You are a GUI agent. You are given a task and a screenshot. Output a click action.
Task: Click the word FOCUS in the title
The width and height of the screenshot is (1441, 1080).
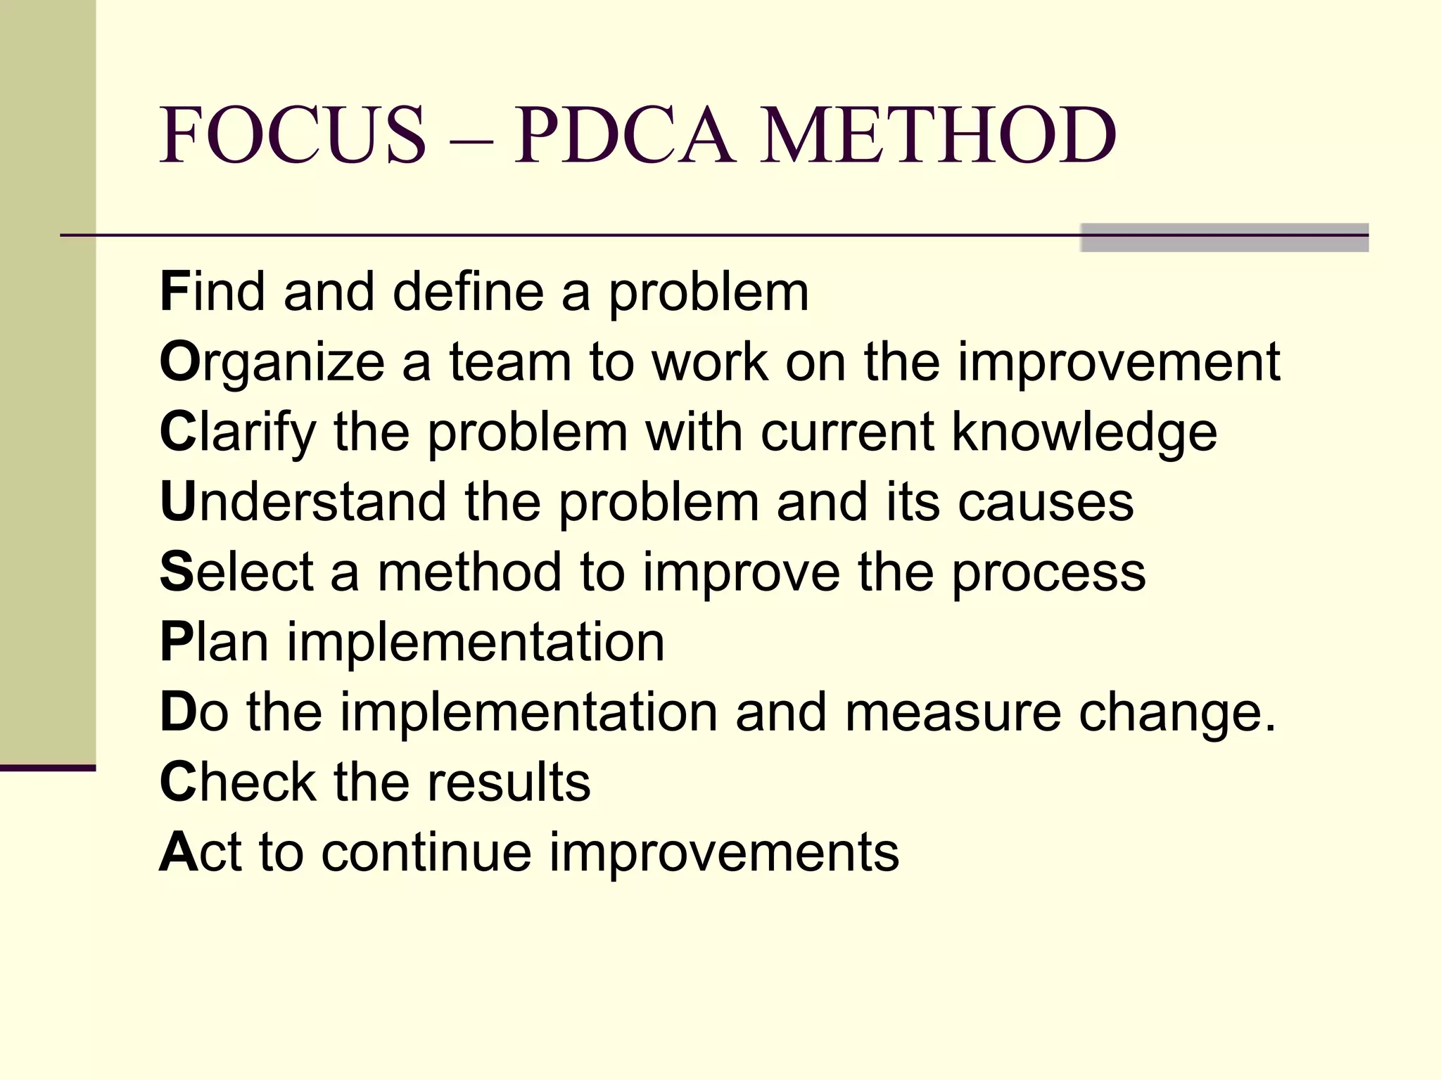[293, 135]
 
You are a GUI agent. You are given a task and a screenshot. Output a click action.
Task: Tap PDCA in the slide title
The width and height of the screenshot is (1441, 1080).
[626, 135]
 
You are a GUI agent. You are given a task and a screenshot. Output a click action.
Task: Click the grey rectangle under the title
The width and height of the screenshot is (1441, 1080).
[1224, 238]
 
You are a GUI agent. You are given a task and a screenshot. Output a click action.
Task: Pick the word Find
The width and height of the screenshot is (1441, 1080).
[212, 292]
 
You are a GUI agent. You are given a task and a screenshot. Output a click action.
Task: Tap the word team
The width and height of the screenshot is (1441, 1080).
[510, 362]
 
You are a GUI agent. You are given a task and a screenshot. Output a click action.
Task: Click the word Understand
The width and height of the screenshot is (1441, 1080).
[303, 502]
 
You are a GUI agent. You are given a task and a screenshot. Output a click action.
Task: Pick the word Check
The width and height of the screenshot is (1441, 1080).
[238, 782]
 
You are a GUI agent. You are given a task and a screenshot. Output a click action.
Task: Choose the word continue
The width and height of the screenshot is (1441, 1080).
[426, 853]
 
